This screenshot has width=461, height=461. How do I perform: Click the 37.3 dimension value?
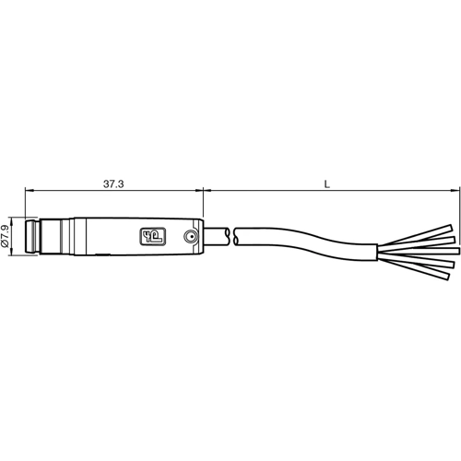(113, 184)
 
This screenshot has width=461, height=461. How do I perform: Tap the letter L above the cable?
(329, 184)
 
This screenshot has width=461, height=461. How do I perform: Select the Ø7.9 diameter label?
(7, 237)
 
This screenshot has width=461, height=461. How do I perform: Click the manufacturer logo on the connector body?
(150, 237)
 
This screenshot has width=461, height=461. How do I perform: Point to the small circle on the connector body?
(189, 236)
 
